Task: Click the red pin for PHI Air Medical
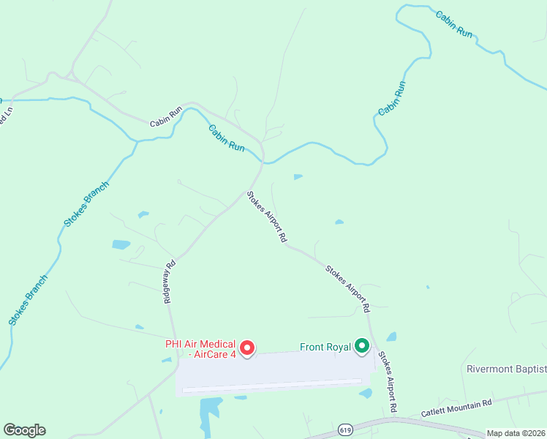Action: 247,348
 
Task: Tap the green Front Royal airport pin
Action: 362,345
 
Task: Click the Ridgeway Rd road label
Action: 169,282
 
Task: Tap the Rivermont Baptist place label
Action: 506,369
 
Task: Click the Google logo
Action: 24,430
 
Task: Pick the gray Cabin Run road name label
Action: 166,119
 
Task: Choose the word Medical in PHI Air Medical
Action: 219,344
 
